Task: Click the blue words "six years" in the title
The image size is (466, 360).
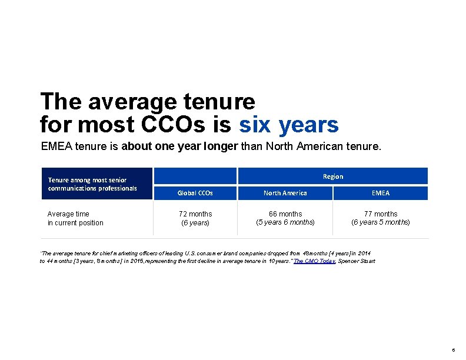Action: click(288, 125)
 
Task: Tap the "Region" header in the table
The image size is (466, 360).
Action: click(333, 176)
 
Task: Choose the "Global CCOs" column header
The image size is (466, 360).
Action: click(195, 193)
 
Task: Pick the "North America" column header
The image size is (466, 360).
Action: click(285, 193)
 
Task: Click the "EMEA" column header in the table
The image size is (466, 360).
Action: click(381, 193)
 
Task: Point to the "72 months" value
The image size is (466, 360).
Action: click(195, 214)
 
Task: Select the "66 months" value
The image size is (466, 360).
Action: click(285, 214)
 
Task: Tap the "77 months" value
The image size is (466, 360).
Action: click(381, 214)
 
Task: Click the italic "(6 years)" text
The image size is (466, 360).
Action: click(195, 223)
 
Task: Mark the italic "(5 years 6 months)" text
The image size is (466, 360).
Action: click(285, 222)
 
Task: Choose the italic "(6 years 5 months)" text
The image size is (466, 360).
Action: click(381, 222)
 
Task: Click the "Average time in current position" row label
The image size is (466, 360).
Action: click(75, 218)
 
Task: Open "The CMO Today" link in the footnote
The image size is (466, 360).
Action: click(311, 261)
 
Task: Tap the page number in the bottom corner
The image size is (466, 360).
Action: click(452, 349)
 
